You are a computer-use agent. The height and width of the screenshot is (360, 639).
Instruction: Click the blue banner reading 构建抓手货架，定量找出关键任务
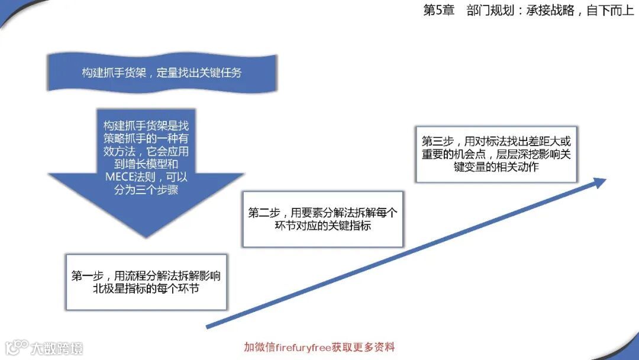(162, 73)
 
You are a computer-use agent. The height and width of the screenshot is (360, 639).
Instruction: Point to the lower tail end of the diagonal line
(208, 326)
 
